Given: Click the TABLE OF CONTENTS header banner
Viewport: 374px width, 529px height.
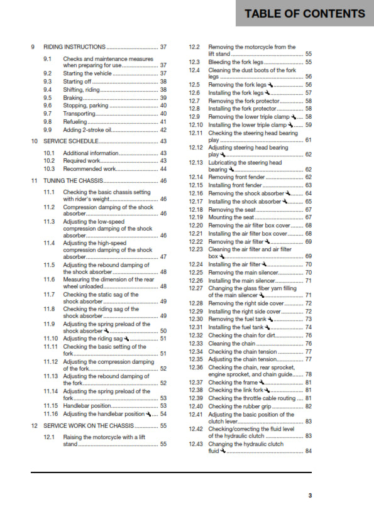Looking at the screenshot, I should [305, 13].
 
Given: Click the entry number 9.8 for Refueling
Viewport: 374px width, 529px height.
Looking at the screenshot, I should [48, 122].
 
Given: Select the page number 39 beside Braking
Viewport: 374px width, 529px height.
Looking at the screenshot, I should [163, 98].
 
